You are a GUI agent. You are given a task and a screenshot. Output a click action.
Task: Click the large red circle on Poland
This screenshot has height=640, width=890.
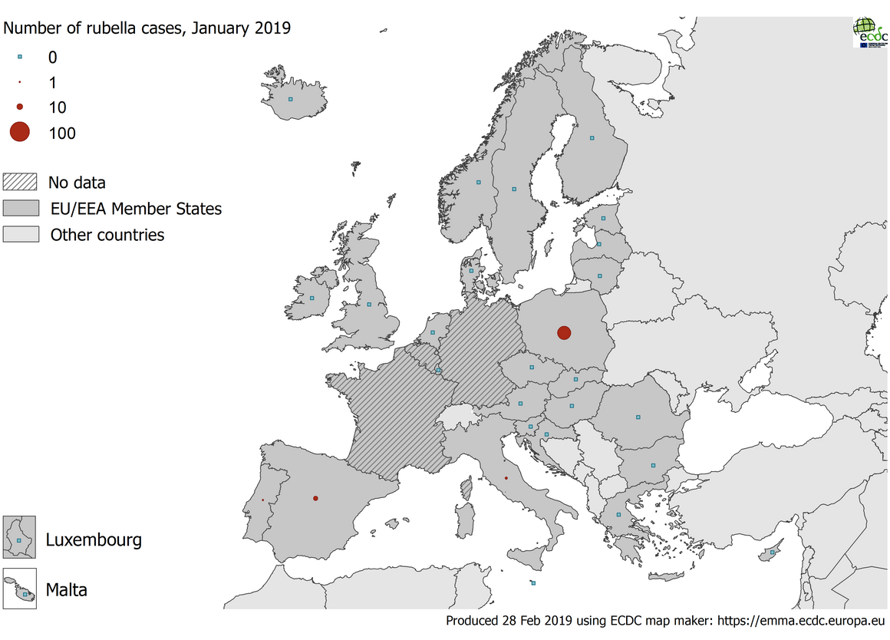[x=564, y=332]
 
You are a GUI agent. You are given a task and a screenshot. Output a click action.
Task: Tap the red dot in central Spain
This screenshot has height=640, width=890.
[x=315, y=498]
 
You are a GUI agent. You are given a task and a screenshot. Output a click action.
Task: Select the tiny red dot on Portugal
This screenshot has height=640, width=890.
[x=263, y=500]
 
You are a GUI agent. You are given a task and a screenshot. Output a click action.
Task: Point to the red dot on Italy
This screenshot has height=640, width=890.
[x=506, y=478]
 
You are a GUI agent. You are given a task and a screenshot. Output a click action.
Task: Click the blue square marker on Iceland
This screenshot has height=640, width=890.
[x=290, y=99]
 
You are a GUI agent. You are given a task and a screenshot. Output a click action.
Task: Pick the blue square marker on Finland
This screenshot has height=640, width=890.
[x=592, y=138]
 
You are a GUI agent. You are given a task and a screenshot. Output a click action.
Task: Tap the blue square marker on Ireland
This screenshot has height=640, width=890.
[x=312, y=299]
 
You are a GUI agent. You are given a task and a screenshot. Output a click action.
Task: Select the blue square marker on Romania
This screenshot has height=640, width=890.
[x=638, y=417]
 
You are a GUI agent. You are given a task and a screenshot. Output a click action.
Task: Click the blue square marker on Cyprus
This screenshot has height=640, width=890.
[x=773, y=553]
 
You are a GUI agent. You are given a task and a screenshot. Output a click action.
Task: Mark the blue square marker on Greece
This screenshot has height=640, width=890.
[x=619, y=515]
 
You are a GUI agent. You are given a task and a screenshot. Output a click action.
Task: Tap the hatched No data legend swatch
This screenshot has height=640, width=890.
[x=21, y=182]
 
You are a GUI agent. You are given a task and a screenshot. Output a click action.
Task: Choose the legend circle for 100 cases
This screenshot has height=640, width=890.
[x=19, y=133]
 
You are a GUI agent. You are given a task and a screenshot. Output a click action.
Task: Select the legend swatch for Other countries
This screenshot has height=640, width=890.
[x=21, y=234]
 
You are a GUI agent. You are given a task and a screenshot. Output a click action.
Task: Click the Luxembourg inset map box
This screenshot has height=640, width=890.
[x=20, y=537]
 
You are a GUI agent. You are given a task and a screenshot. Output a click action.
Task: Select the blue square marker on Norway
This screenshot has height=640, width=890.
[x=478, y=183]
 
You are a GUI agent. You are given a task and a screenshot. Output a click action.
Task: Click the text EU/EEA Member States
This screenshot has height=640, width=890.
[x=135, y=208]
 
